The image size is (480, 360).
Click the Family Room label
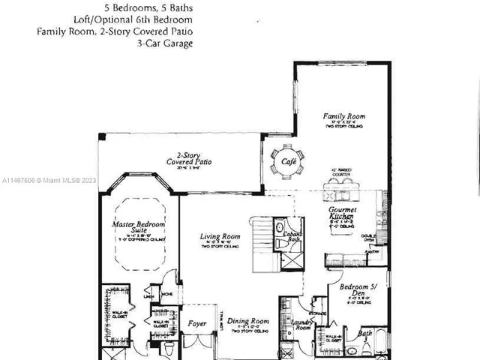click(344, 116)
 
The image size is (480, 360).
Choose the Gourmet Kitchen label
click(342, 213)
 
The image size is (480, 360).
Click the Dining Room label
click(248, 320)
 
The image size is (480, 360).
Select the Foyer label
click(196, 324)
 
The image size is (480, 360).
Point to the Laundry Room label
click(302, 325)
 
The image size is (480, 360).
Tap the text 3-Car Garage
click(166, 43)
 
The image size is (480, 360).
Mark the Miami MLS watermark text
click(49, 181)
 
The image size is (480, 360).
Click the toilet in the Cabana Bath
click(280, 226)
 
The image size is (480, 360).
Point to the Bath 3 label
click(365, 335)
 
